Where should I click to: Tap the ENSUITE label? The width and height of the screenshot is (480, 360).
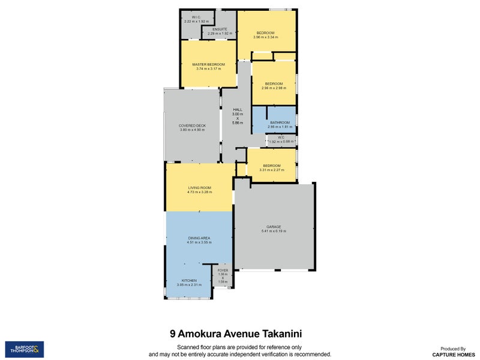(219, 29)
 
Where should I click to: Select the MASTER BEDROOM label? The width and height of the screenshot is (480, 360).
(208, 64)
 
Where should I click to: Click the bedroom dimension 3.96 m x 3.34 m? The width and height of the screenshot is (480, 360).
(265, 37)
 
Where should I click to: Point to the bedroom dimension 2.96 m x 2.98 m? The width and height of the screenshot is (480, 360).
(274, 88)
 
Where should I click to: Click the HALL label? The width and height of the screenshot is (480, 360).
(238, 110)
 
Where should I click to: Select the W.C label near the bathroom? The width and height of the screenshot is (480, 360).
(281, 137)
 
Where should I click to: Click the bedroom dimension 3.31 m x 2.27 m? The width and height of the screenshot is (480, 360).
(271, 170)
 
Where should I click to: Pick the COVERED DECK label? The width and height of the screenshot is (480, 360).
(192, 125)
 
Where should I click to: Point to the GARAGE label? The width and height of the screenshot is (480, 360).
(274, 227)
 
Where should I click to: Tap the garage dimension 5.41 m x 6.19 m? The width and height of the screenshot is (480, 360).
(274, 231)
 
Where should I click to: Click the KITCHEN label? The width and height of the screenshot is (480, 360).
(190, 280)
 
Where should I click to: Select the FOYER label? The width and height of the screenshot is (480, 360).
(222, 271)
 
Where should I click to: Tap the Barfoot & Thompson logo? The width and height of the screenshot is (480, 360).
(24, 349)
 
